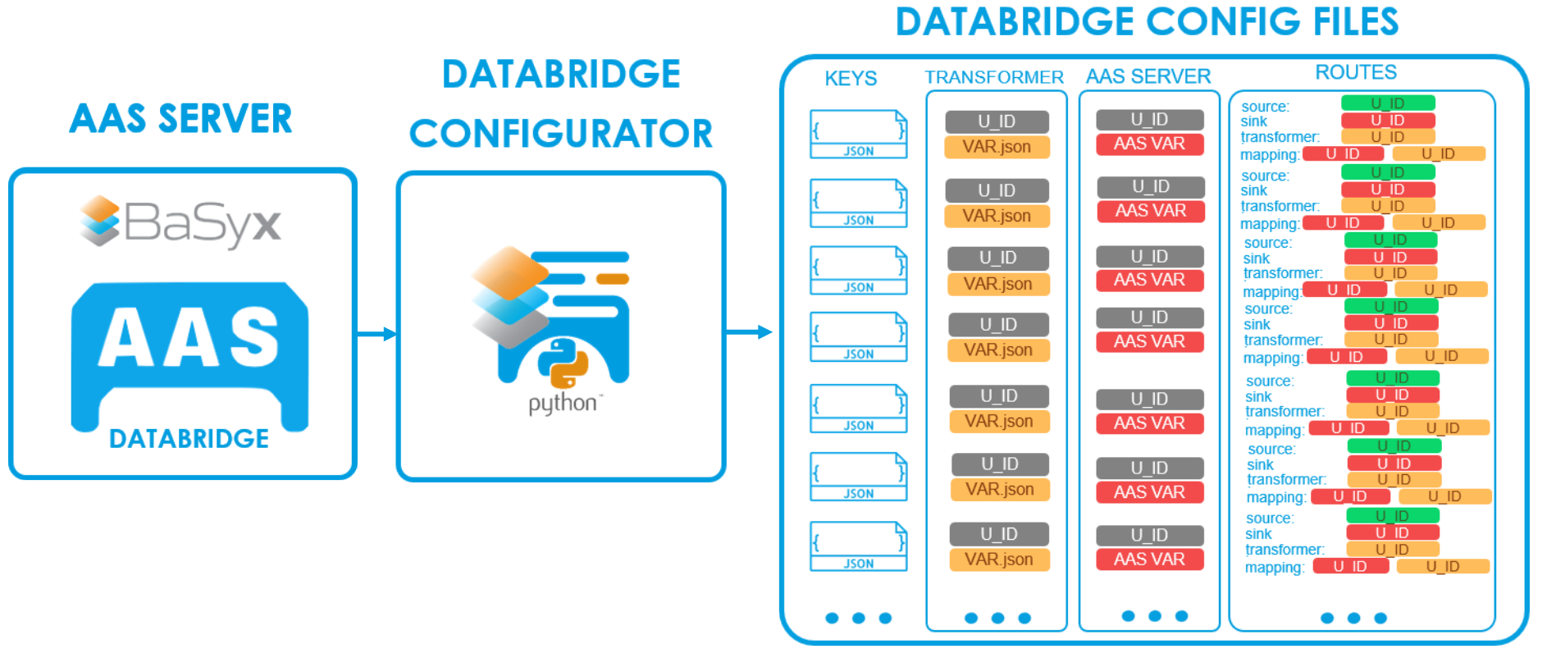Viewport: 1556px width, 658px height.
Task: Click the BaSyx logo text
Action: pos(202,222)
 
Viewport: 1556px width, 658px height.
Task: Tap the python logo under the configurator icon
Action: pos(563,378)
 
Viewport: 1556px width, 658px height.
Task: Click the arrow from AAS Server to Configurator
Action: pos(377,334)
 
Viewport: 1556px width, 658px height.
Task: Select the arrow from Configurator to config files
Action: pos(749,332)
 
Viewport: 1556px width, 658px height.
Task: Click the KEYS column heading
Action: pos(851,79)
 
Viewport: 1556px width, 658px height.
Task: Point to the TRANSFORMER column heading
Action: pos(994,77)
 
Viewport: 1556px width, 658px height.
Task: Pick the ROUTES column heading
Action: pos(1356,72)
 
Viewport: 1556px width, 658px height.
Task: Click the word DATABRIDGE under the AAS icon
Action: pos(189,439)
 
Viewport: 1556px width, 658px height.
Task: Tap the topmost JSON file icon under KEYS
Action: pos(859,134)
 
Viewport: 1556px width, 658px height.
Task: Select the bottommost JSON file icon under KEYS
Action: pos(859,546)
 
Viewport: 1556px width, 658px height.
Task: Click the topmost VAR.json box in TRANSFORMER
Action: pos(997,147)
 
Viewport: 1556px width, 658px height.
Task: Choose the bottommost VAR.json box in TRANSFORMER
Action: pos(999,560)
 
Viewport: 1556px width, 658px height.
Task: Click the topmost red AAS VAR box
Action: pos(1149,144)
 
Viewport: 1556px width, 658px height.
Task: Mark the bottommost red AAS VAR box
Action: pos(1149,560)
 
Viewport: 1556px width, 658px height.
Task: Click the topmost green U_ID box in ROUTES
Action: pos(1388,103)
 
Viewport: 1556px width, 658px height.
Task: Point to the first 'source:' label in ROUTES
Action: pos(1265,107)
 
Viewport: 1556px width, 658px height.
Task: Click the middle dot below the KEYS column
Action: pos(859,618)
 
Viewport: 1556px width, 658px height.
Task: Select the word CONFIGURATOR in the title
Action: pos(561,134)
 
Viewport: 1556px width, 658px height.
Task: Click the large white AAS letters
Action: pos(189,337)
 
